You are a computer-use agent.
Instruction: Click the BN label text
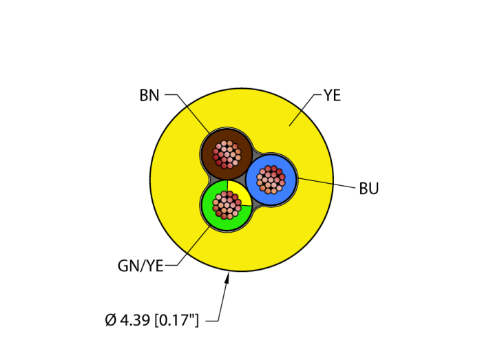[149, 96]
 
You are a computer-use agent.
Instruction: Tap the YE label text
[332, 96]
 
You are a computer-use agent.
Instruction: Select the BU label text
[369, 189]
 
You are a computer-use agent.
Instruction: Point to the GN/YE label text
[140, 266]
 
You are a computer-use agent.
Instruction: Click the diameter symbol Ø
[110, 320]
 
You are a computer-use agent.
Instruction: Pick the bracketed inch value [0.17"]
[176, 320]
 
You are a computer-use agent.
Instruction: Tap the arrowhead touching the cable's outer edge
[228, 277]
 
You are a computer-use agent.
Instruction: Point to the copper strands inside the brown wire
[227, 154]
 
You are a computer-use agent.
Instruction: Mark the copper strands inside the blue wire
[271, 180]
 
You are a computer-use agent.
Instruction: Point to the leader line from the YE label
[301, 111]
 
